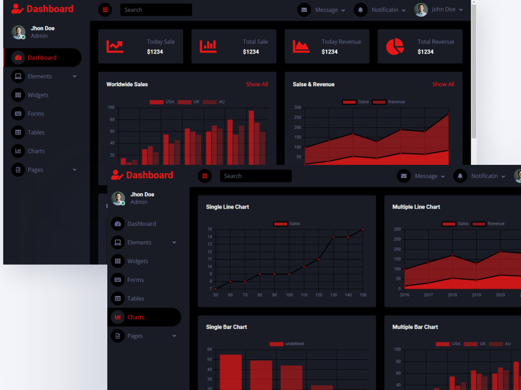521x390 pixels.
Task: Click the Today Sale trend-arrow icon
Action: [x=115, y=46]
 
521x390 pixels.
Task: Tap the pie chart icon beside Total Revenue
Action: [x=395, y=46]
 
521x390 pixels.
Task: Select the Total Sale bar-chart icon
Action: [x=208, y=46]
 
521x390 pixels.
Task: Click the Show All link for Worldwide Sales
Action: [x=257, y=84]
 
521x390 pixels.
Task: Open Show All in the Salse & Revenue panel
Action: [x=443, y=84]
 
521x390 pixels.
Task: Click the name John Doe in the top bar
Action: [x=443, y=9]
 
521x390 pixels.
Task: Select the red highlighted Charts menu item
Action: [x=136, y=317]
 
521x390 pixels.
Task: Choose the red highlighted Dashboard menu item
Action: [x=42, y=57]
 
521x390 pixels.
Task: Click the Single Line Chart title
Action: [x=227, y=207]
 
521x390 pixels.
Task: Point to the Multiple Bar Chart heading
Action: [x=415, y=327]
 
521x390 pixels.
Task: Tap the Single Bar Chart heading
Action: [x=226, y=327]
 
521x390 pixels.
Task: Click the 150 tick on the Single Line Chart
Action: [x=363, y=295]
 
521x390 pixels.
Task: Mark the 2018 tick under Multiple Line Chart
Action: [x=452, y=295]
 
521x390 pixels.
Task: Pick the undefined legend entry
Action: [x=287, y=344]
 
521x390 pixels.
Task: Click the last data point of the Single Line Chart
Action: [x=363, y=229]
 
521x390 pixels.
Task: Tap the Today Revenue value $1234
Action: [x=329, y=51]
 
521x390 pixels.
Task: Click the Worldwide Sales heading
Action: [x=127, y=84]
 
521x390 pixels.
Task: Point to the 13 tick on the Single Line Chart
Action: [x=209, y=244]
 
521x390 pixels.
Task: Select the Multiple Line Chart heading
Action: [x=416, y=207]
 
